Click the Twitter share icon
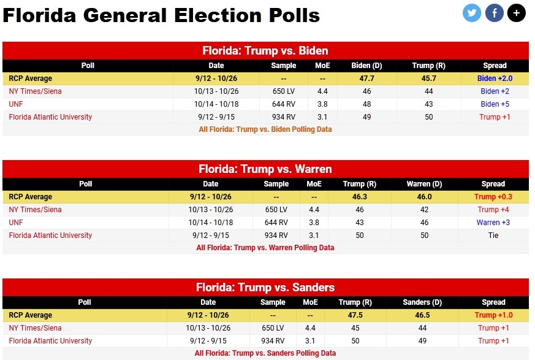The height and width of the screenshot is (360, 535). coord(472,13)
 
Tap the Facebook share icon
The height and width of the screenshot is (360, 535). coord(494,13)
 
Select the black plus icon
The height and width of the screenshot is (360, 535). coord(516,13)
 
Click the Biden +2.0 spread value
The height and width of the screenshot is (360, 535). coord(494,79)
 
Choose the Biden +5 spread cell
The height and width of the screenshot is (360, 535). coord(495,104)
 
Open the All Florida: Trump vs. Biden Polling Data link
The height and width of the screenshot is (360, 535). coord(265,129)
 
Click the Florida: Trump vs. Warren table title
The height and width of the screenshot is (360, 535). coord(265,169)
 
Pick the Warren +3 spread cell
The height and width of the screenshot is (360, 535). coord(493,223)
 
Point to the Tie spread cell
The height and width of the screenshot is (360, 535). coord(493,236)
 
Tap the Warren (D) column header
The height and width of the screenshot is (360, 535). coord(424,184)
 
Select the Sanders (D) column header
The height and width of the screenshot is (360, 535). coord(422,302)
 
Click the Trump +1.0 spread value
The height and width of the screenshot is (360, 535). coord(493,315)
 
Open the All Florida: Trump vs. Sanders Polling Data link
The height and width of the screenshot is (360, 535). coord(265,353)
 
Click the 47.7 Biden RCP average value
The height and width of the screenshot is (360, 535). coord(366,79)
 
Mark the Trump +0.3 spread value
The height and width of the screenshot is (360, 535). coord(493,197)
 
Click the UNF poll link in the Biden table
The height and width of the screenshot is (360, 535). coord(15,104)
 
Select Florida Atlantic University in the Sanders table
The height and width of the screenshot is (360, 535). coord(50,341)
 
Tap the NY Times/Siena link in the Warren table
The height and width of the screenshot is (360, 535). coord(35,210)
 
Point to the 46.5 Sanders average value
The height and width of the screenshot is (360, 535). coord(422,315)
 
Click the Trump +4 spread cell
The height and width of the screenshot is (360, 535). coord(493,210)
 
